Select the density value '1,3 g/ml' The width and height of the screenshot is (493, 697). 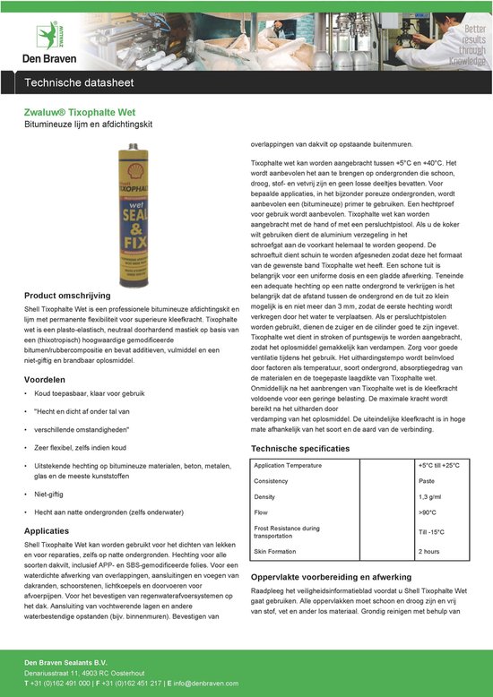[431, 495]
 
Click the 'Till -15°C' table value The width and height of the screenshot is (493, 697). [432, 532]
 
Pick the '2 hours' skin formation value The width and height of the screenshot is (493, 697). [430, 551]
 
